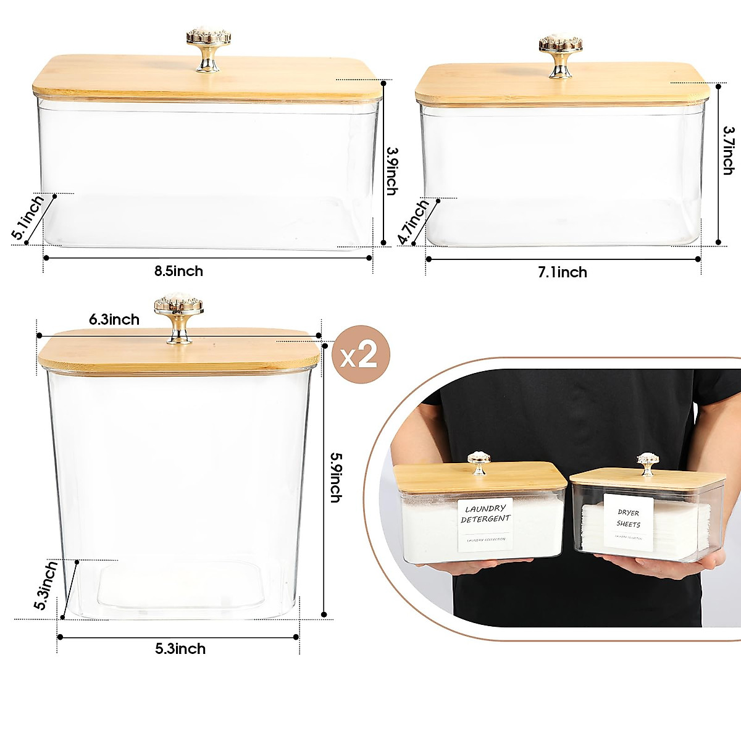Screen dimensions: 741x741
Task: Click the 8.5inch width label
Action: [178, 271]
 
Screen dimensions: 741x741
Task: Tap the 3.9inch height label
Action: [391, 170]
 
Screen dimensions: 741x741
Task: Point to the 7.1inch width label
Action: [562, 272]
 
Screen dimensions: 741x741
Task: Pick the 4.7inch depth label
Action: [413, 222]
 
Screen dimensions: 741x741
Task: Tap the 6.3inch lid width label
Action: [114, 319]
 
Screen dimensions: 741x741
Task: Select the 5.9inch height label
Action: [335, 477]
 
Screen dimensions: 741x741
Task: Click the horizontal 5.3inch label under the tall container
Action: [180, 649]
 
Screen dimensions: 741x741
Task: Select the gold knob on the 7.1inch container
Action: [560, 55]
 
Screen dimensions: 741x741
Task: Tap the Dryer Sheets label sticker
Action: [628, 521]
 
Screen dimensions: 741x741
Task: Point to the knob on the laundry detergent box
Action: [479, 463]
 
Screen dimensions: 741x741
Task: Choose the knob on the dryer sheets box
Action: [648, 464]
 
